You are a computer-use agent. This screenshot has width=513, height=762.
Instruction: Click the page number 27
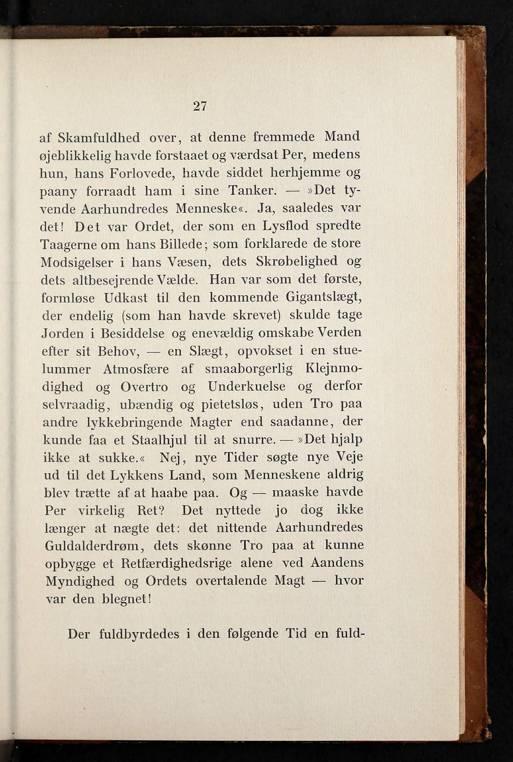[x=200, y=107]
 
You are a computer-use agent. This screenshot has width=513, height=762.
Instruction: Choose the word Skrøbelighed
[x=297, y=261]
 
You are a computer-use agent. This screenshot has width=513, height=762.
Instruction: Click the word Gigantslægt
[x=324, y=298]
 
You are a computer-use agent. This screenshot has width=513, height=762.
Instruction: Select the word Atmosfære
[x=136, y=369]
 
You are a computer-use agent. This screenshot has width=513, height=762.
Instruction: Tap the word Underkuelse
[x=247, y=387]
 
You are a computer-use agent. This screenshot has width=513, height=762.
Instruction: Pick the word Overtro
[x=144, y=387]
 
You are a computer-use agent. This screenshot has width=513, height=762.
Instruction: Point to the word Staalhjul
[x=159, y=440]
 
